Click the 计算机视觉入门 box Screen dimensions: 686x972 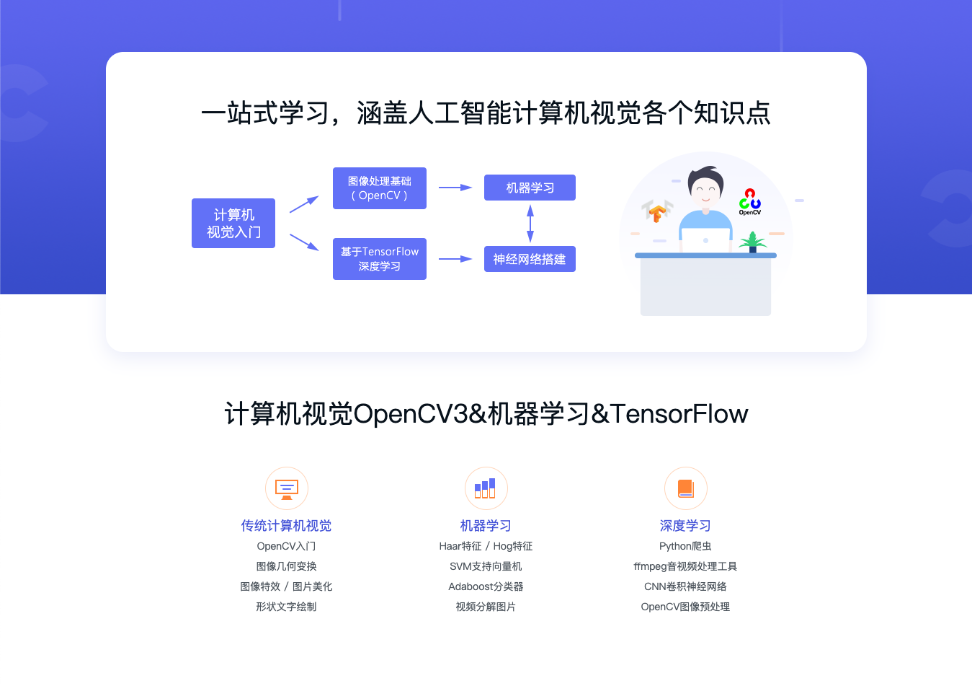tap(233, 224)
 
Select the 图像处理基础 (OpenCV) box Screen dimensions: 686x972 tap(380, 188)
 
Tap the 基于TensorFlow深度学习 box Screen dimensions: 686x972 tap(380, 259)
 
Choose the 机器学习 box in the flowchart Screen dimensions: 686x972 tap(530, 188)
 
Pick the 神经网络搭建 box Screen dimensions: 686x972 tap(530, 259)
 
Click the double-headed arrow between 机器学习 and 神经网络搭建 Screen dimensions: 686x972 tap(530, 223)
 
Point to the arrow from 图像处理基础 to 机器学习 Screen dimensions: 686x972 tap(455, 188)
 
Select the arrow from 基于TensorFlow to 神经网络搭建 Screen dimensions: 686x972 tap(455, 259)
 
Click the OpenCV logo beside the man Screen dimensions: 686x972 tap(750, 201)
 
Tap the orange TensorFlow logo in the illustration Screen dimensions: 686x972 tap(656, 212)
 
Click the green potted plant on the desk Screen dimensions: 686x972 tap(752, 242)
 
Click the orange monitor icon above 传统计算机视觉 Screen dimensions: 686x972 tap(287, 488)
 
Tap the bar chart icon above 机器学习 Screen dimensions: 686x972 tap(486, 488)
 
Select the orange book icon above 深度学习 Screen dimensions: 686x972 tap(685, 488)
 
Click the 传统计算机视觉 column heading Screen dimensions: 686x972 tap(286, 526)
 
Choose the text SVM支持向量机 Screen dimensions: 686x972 tap(486, 566)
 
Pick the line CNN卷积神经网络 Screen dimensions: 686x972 tap(685, 586)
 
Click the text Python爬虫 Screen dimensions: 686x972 tap(685, 546)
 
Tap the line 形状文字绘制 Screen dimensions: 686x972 tap(286, 607)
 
